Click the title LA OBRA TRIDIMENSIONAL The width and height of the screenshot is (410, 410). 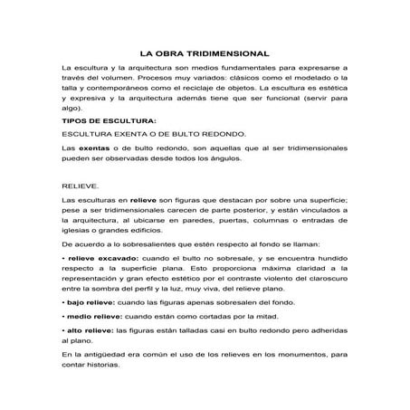pos(205,52)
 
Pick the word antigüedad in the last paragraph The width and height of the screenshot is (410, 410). pos(100,366)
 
